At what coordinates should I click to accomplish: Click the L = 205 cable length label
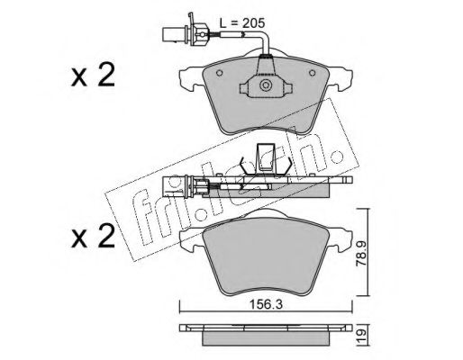(242, 22)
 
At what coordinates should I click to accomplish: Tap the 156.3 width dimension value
(267, 305)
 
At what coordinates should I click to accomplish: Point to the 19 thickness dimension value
(361, 335)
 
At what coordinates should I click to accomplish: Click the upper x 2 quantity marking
(93, 76)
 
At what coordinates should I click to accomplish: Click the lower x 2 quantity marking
(93, 236)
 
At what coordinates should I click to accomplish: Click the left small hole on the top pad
(220, 73)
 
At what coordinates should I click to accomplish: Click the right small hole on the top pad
(313, 73)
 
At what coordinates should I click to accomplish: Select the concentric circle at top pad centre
(266, 85)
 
